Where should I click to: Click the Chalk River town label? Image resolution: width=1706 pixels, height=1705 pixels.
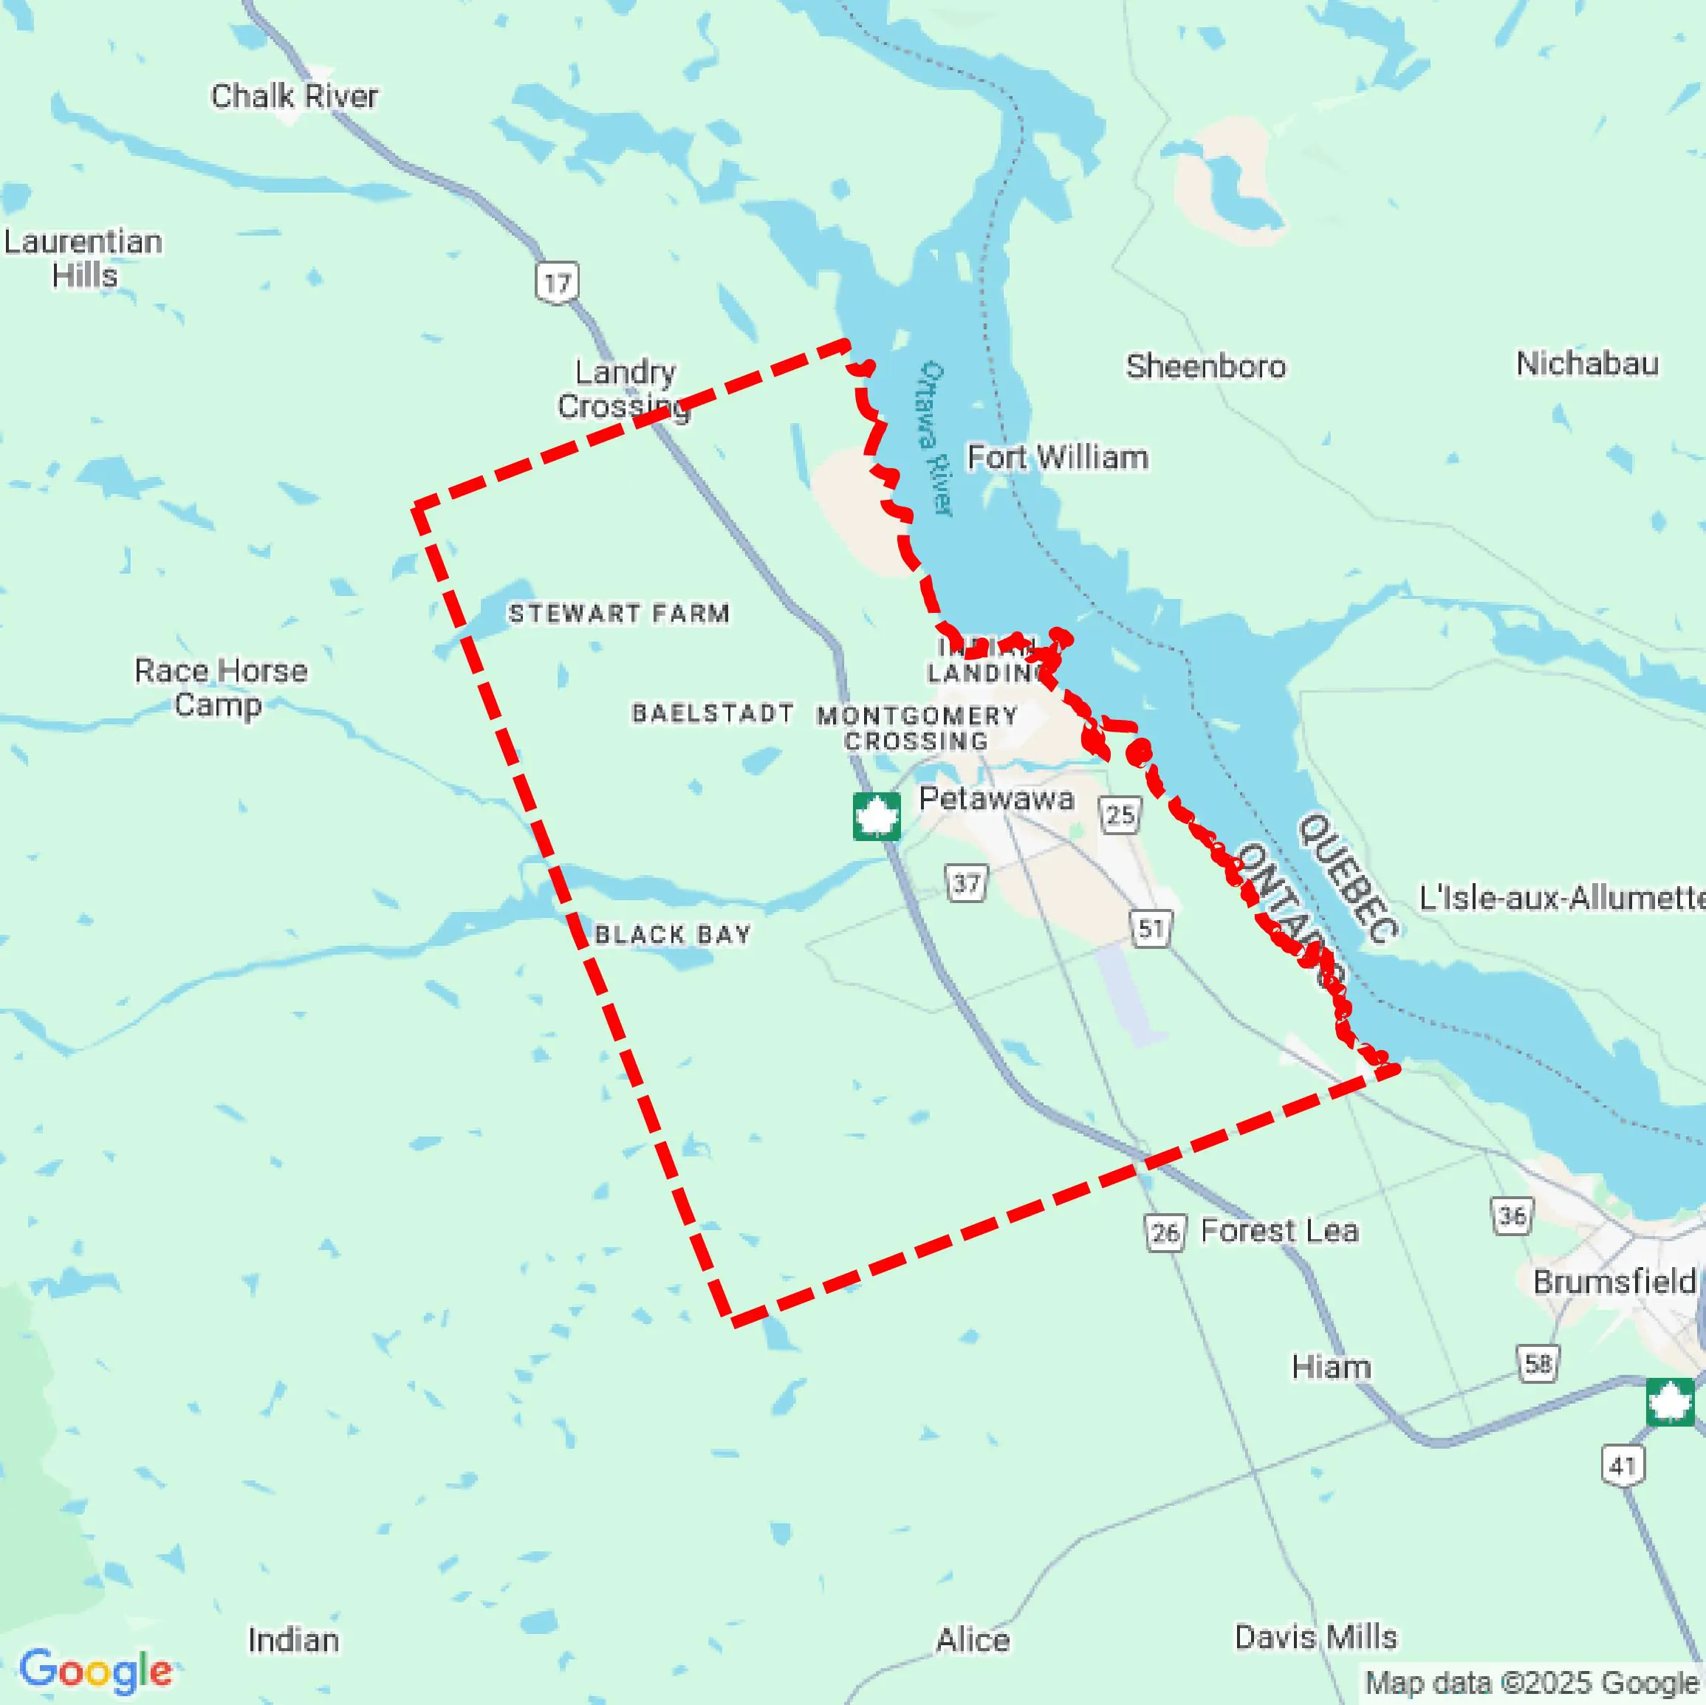tap(294, 95)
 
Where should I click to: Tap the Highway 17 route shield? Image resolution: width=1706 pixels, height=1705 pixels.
tap(557, 283)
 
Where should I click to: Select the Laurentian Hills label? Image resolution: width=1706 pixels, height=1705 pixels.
tap(84, 258)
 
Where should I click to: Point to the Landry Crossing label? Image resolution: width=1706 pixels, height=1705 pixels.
tap(624, 388)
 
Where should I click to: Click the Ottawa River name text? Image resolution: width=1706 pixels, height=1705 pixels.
tap(935, 437)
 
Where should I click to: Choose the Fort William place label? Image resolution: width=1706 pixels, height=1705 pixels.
tap(1057, 457)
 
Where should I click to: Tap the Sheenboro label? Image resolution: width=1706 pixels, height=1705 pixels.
tap(1205, 366)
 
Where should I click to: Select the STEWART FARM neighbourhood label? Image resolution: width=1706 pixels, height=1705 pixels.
tap(619, 613)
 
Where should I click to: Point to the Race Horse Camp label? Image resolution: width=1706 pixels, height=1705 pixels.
tap(221, 687)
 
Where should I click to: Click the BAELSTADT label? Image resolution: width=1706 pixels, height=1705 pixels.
tap(712, 713)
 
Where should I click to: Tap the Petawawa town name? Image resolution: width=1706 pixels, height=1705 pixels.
tap(996, 798)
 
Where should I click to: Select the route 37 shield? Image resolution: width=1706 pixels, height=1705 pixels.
tap(966, 883)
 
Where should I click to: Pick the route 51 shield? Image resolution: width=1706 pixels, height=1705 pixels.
tap(1151, 929)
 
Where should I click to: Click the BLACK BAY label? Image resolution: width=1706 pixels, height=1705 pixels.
tap(672, 934)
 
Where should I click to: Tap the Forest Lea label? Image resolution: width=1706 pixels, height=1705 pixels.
tap(1278, 1230)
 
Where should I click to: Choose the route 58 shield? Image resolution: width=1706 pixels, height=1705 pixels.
tap(1538, 1363)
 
